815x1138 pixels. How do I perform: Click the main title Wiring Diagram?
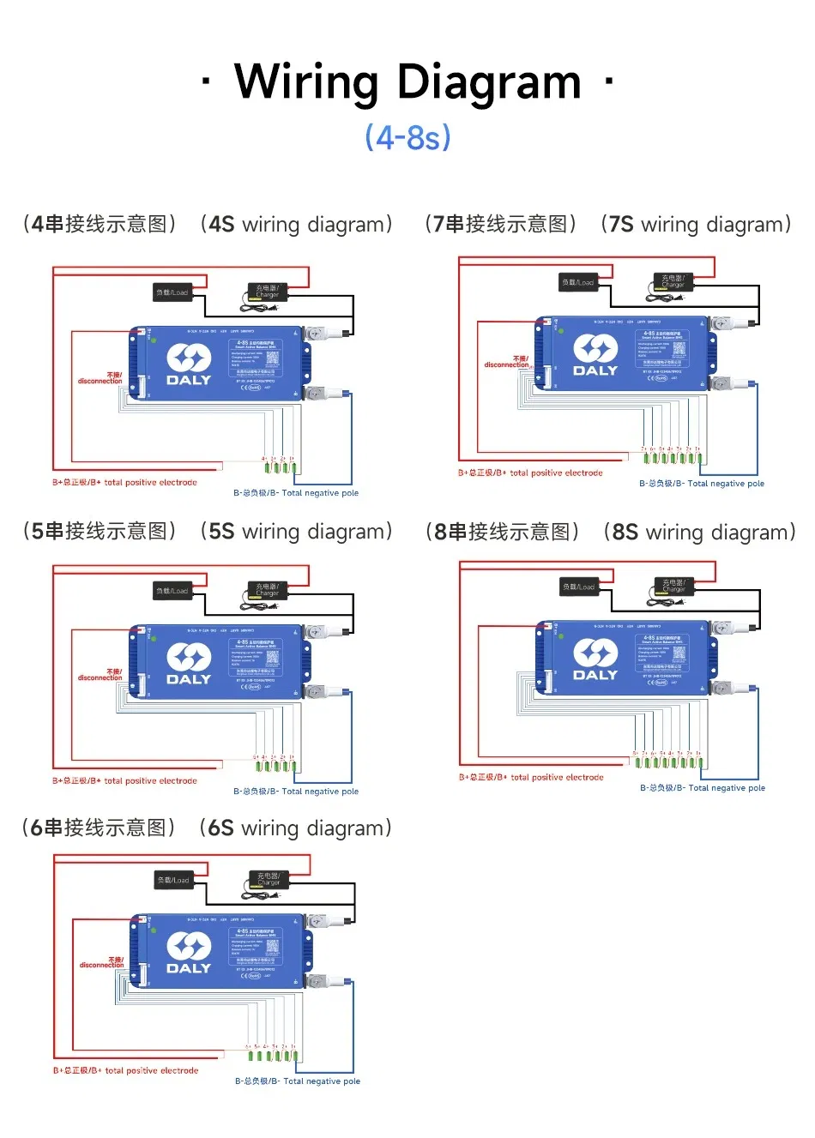pyautogui.click(x=407, y=82)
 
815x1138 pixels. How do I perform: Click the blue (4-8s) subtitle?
pyautogui.click(x=407, y=137)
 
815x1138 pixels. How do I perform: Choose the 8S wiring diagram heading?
pyautogui.click(x=611, y=532)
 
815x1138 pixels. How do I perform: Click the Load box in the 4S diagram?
pyautogui.click(x=172, y=292)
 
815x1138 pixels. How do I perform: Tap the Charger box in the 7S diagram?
pyautogui.click(x=673, y=281)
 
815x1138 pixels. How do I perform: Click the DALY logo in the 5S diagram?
pyautogui.click(x=188, y=664)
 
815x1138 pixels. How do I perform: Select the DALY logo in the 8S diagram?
pyautogui.click(x=595, y=659)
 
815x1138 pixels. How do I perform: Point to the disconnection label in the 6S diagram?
pyautogui.click(x=102, y=963)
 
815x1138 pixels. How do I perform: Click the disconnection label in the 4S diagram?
pyautogui.click(x=100, y=378)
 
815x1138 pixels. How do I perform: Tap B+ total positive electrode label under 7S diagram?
pyautogui.click(x=530, y=473)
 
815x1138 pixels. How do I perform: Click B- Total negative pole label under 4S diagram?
pyautogui.click(x=296, y=493)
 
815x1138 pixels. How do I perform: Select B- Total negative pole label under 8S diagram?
pyautogui.click(x=703, y=787)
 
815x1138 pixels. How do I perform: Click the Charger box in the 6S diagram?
pyautogui.click(x=269, y=879)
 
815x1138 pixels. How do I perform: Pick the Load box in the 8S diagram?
pyautogui.click(x=579, y=587)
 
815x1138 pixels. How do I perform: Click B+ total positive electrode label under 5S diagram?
pyautogui.click(x=124, y=781)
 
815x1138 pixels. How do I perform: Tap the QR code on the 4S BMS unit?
pyautogui.click(x=272, y=358)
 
